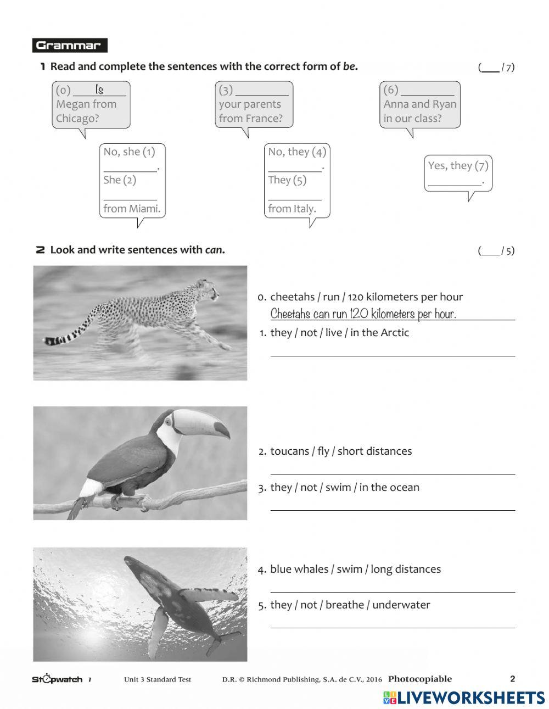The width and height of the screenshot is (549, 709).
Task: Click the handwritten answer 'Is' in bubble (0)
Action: coord(99,90)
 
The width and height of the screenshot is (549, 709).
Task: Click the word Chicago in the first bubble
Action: coord(77,118)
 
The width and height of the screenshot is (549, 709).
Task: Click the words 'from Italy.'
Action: coord(292,209)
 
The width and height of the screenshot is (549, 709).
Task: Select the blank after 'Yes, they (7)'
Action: coord(455,182)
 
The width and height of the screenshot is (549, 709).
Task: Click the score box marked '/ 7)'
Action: coord(496,68)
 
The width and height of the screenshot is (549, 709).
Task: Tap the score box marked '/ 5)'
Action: coord(496,251)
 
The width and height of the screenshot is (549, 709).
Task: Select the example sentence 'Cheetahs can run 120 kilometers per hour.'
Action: coord(363,314)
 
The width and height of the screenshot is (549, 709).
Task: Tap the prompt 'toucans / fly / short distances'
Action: coord(340,451)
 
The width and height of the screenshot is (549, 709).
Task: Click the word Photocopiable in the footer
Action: coord(420,679)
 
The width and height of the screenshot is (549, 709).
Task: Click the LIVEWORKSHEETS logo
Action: coord(464,697)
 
